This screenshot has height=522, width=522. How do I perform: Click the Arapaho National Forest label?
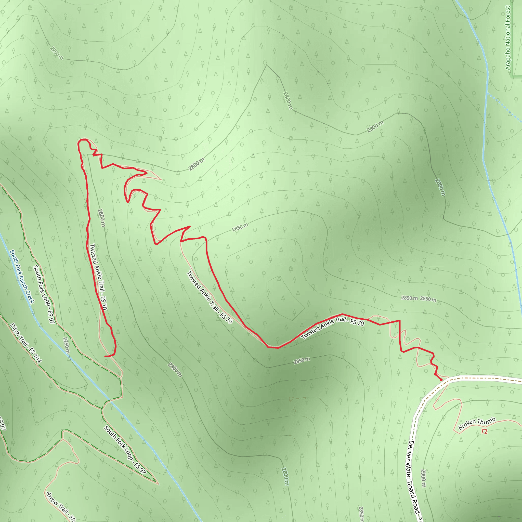tap(508, 38)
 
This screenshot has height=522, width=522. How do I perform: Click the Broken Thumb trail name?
tap(477, 423)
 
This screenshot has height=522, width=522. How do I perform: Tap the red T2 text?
tap(484, 432)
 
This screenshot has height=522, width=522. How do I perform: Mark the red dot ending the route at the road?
tap(441, 380)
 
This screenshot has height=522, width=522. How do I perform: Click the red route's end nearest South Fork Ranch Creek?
tap(105, 356)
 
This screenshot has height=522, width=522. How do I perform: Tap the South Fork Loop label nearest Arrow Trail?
tap(125, 450)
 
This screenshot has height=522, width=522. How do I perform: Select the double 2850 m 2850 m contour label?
tap(419, 298)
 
